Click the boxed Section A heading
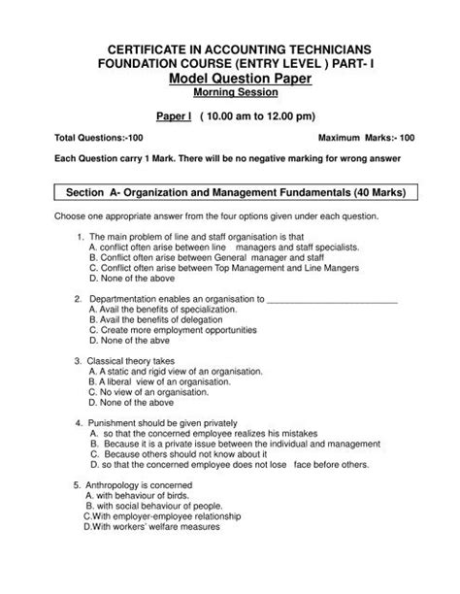coord(230,193)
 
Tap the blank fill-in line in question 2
coord(331,299)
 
